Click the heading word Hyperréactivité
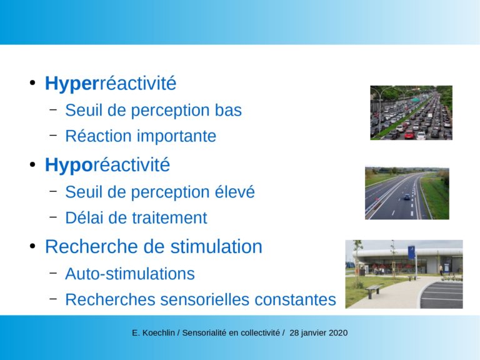tap(111, 84)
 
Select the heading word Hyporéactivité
tap(107, 165)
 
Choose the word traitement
tap(169, 218)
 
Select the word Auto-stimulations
tap(130, 274)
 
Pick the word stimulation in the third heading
tap(216, 246)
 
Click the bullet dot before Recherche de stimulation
tap(32, 246)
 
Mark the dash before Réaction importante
tap(53, 134)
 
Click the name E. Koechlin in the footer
tap(153, 332)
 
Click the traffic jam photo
tap(411, 112)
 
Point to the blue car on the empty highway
tap(406, 197)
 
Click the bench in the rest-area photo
tap(374, 291)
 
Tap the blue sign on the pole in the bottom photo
tap(412, 253)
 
